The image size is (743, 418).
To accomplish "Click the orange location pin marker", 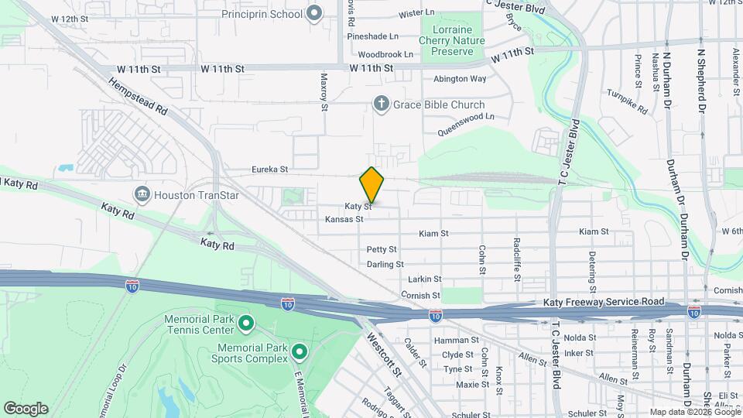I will (371, 185).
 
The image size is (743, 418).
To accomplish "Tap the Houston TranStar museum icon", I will (142, 193).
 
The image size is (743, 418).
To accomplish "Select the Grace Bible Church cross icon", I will (381, 104).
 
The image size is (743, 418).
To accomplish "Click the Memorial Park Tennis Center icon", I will (246, 322).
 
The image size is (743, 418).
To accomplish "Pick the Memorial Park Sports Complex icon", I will (299, 354).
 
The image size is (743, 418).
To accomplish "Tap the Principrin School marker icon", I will (314, 13).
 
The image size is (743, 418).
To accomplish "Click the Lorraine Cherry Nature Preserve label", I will (453, 41).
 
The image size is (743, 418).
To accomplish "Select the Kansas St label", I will (344, 219).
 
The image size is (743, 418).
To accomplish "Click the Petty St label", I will (382, 249).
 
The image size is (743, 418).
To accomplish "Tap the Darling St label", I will (385, 264).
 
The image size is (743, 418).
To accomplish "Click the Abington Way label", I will (460, 78).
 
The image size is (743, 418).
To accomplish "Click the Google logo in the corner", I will (26, 408).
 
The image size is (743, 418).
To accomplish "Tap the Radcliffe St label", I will (517, 257).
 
